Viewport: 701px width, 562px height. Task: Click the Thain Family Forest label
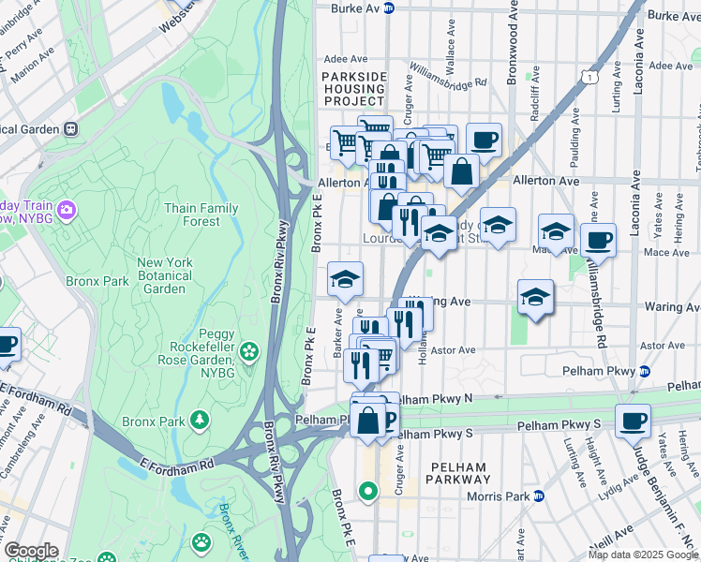coord(201,214)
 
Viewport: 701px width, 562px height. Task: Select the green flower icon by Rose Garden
coord(248,351)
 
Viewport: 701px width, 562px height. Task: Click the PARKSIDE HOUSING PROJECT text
coord(353,88)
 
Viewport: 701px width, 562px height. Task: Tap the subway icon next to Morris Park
coord(539,495)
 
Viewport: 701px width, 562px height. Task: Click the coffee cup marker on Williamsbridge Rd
coord(597,240)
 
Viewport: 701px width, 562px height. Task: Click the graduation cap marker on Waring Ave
coord(534,296)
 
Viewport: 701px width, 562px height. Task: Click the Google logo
coord(30,551)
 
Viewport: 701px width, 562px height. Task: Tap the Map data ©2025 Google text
coord(643,555)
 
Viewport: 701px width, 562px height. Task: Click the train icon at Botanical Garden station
coord(69,128)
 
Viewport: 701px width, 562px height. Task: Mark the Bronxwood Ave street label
coord(513,47)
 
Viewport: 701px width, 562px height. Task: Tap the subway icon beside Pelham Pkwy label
coord(644,371)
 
